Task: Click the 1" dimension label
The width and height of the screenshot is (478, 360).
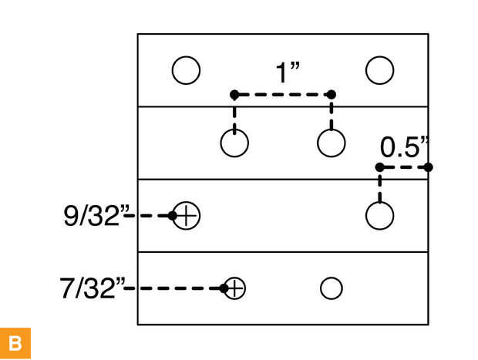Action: coord(287,72)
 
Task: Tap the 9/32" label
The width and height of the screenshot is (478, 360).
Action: coord(93,216)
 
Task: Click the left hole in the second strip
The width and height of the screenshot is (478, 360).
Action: coord(234,143)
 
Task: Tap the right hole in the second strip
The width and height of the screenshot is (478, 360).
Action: coord(332,143)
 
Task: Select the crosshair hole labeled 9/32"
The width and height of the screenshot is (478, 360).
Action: coord(186,216)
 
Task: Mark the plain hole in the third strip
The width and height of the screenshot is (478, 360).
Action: coord(380,216)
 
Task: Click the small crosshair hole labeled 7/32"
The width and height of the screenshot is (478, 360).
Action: coord(235,288)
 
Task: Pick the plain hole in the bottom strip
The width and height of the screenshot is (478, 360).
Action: coord(331,288)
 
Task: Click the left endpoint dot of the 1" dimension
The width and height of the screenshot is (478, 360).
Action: coord(234,95)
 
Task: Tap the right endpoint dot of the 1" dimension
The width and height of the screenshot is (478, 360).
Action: coord(332,95)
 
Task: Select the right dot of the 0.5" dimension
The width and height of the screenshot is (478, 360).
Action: coord(429,167)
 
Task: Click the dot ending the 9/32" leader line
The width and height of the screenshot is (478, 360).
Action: coord(174,216)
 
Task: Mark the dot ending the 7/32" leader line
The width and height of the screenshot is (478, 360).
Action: coord(224,288)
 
